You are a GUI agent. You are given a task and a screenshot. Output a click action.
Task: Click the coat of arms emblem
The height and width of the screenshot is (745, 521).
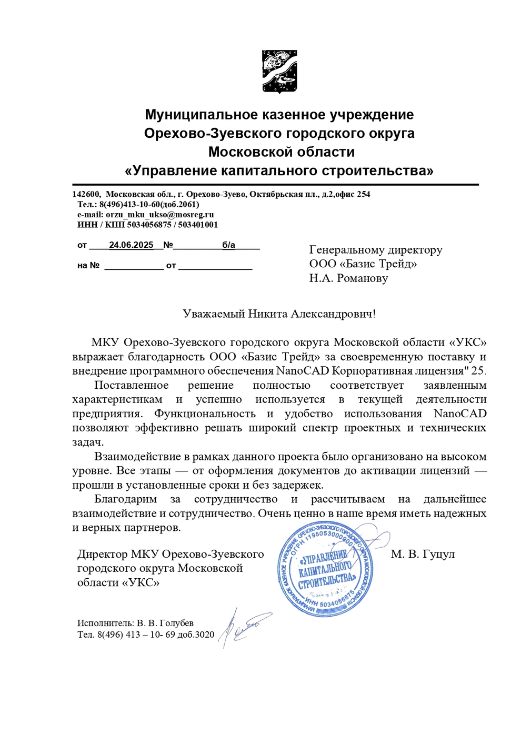tap(279, 72)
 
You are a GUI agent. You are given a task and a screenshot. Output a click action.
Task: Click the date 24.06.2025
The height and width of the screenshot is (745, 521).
tap(131, 245)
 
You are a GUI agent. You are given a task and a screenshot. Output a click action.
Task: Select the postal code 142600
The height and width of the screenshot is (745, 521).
tap(86, 194)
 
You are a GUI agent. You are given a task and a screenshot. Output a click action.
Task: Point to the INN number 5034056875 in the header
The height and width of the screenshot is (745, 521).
tap(149, 225)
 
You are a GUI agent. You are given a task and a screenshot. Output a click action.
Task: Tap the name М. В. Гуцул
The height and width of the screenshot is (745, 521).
tap(423, 554)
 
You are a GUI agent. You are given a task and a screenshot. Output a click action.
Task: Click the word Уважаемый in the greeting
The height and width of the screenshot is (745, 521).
tap(214, 314)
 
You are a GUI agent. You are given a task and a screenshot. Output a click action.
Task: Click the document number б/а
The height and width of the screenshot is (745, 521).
tap(228, 245)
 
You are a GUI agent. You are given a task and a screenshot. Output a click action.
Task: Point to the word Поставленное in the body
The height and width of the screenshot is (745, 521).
tap(131, 386)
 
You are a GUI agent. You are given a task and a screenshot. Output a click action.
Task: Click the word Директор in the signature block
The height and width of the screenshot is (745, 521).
tap(102, 554)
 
